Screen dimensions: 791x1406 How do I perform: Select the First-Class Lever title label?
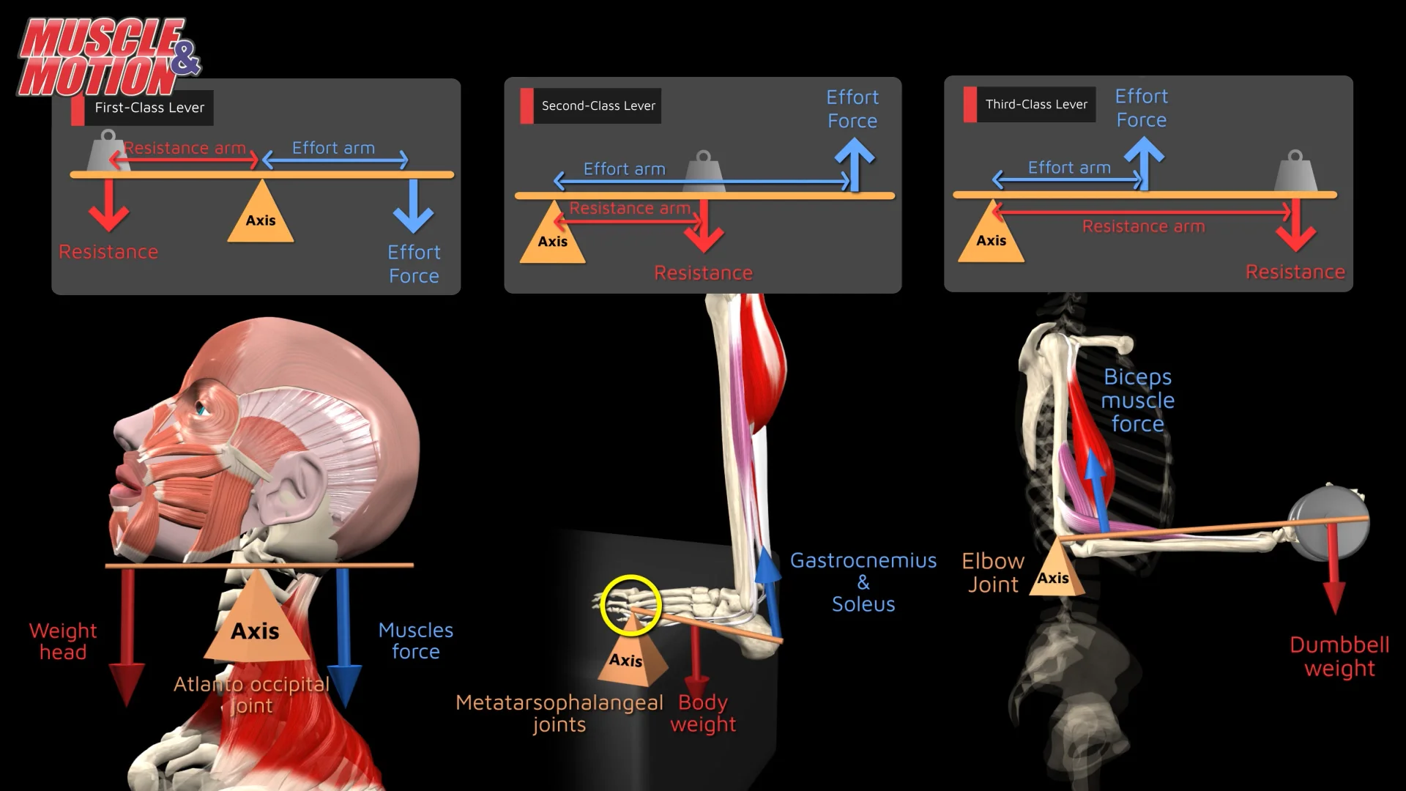(149, 108)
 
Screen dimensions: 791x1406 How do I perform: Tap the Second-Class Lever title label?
(598, 106)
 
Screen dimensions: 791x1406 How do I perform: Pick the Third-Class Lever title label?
(1035, 105)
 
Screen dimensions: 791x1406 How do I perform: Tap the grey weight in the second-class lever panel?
(704, 173)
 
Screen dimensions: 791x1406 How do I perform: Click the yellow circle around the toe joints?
(630, 605)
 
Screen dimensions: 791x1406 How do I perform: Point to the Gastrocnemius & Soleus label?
(863, 582)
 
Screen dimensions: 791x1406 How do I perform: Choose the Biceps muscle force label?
(1137, 401)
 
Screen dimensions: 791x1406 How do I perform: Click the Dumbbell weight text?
(1339, 657)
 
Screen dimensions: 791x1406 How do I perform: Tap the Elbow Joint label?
(992, 573)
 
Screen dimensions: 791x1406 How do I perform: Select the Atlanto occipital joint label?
(251, 694)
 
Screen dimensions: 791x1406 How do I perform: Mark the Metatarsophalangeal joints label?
(559, 713)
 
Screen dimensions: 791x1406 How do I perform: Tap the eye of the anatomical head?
(201, 409)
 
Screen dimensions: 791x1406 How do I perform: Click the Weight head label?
(63, 642)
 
